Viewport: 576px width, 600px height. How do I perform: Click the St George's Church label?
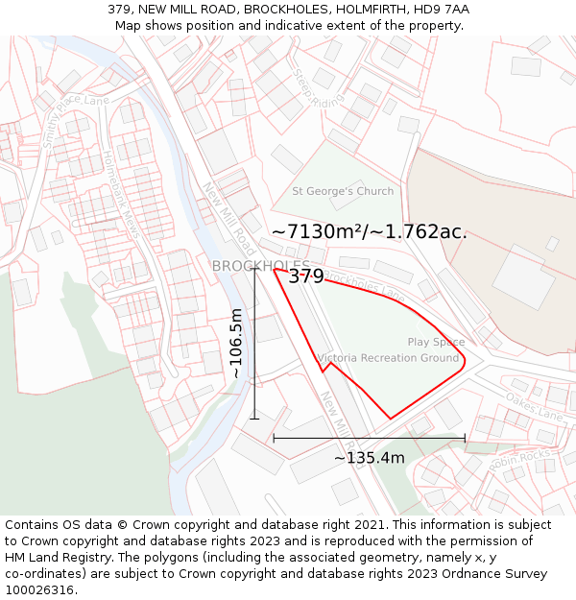[x=343, y=191]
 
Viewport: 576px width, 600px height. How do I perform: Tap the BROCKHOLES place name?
[x=260, y=266]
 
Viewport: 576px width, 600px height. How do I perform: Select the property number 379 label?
[x=306, y=276]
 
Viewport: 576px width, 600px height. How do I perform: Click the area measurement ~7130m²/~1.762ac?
[x=370, y=231]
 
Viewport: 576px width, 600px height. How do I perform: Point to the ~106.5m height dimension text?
[x=236, y=343]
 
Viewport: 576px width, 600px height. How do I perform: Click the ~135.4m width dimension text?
[x=369, y=458]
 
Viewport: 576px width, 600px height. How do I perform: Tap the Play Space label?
[x=436, y=342]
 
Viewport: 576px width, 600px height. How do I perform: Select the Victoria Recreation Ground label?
[x=389, y=358]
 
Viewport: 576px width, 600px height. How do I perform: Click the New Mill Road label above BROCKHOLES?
[x=228, y=218]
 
